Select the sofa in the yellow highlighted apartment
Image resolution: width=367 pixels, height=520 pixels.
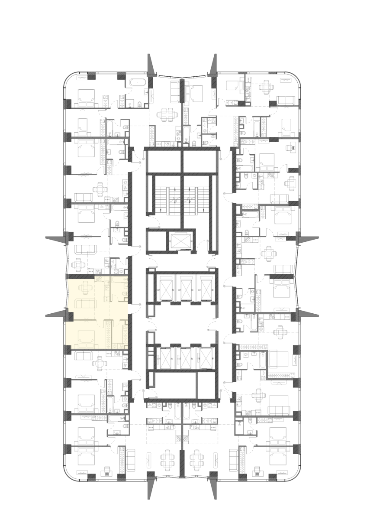click(x=85, y=304)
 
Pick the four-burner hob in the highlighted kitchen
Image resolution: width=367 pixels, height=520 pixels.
click(x=99, y=279)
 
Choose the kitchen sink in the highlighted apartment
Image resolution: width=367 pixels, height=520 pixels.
click(x=106, y=282)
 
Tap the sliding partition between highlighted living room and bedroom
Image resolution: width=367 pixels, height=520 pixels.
click(x=87, y=320)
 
